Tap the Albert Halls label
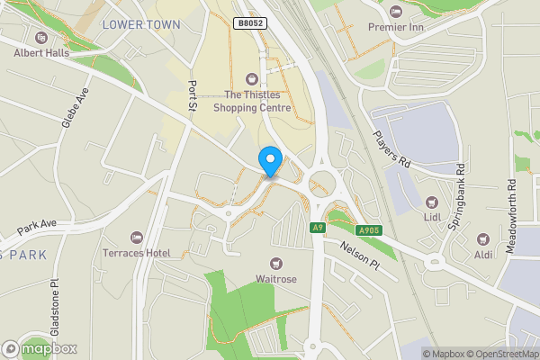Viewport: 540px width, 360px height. pyautogui.click(x=41, y=53)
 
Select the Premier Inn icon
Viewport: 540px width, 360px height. pyautogui.click(x=397, y=12)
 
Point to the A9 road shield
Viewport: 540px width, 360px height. pyautogui.click(x=317, y=228)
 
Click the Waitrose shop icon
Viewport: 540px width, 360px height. pyautogui.click(x=275, y=263)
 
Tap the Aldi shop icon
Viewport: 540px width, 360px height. pyautogui.click(x=484, y=256)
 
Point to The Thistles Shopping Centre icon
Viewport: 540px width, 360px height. pyautogui.click(x=251, y=78)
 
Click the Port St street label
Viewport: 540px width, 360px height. pyautogui.click(x=192, y=95)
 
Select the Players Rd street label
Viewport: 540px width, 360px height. pyautogui.click(x=391, y=149)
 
